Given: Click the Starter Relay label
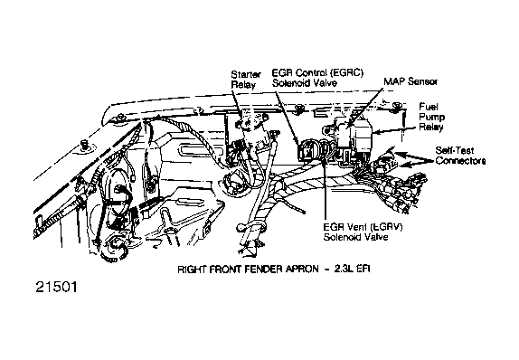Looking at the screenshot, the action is click(x=246, y=80).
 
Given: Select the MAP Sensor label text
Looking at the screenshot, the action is click(x=410, y=81).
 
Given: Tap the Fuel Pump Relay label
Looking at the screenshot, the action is click(x=432, y=117).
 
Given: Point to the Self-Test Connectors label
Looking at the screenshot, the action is click(x=460, y=156).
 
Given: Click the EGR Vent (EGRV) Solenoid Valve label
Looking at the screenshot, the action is click(x=363, y=232).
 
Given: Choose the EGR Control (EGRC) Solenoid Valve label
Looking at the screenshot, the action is click(x=317, y=78).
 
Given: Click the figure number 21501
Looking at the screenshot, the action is click(x=56, y=287).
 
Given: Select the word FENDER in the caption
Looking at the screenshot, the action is click(x=262, y=270).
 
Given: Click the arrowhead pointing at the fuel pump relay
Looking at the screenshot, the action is click(x=375, y=132).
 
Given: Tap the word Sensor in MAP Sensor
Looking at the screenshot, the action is click(x=422, y=81).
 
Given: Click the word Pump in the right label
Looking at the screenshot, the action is click(x=432, y=117).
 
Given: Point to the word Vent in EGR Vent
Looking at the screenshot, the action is click(x=358, y=227).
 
